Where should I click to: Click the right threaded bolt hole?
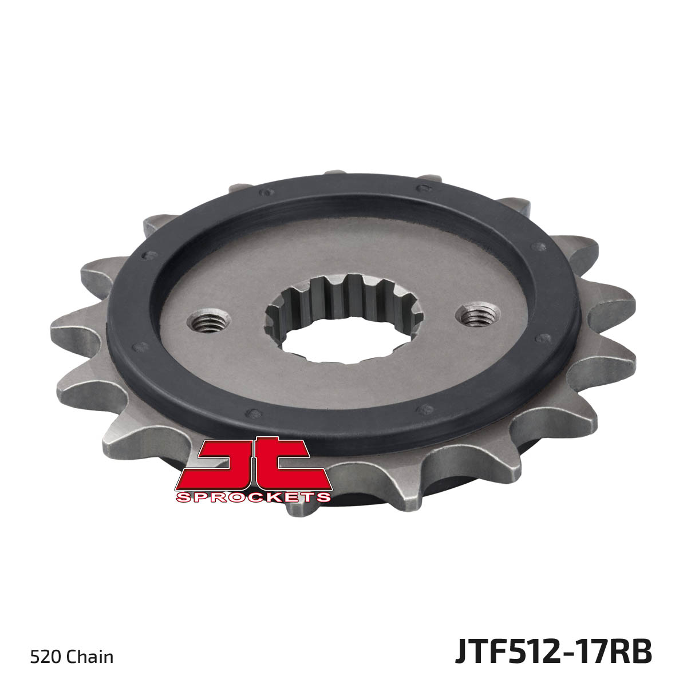[x=478, y=315]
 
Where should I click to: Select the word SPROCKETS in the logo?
[x=253, y=498]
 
